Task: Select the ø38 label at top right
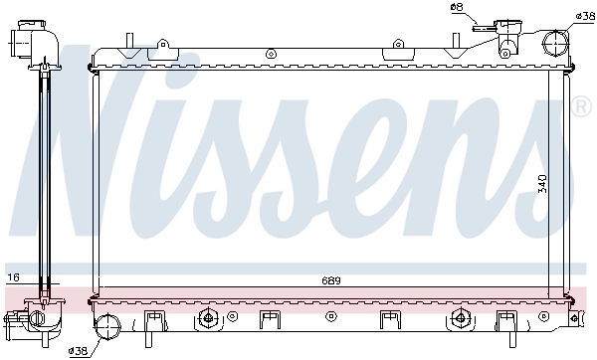[x=585, y=17]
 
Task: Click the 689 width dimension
[x=331, y=281]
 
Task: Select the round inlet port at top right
[x=555, y=43]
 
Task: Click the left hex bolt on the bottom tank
[x=208, y=319]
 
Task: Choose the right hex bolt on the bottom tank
[x=459, y=319]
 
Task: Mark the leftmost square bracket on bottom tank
[x=153, y=320]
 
